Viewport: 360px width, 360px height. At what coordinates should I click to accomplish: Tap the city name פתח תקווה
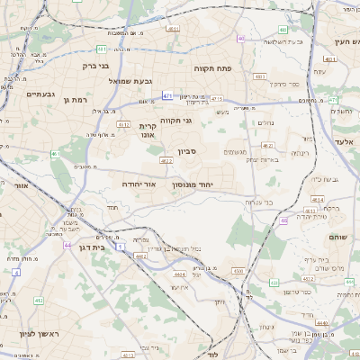212,67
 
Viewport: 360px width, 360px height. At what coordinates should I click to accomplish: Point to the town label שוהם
337,237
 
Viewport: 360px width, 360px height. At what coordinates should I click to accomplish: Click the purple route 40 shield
241,39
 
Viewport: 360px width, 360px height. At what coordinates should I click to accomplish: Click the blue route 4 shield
15,271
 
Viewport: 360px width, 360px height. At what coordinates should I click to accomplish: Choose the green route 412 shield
38,300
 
